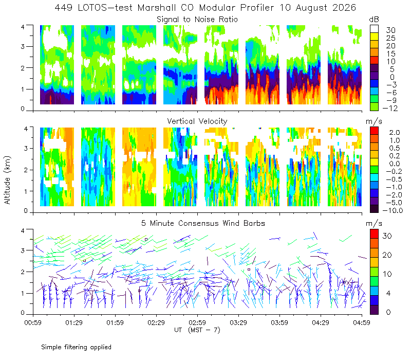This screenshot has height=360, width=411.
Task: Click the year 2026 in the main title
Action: (344, 8)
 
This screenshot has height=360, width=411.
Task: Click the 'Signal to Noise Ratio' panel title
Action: (197, 20)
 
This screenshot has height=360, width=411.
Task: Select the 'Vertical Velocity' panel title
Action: (197, 121)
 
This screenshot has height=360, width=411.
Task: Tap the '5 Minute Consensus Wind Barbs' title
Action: (203, 223)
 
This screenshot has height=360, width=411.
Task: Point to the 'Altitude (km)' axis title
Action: (7, 180)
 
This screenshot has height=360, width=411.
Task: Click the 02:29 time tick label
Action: (156, 322)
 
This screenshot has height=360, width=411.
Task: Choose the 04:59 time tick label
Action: (362, 322)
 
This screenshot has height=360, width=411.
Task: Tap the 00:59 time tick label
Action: (33, 322)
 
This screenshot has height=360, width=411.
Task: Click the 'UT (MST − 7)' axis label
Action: (197, 330)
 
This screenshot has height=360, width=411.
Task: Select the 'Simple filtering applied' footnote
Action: (76, 347)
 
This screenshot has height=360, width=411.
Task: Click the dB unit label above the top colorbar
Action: (374, 20)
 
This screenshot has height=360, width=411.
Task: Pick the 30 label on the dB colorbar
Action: (390, 30)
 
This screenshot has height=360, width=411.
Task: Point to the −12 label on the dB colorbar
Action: (390, 108)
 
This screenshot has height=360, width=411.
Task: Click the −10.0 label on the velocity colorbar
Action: (393, 210)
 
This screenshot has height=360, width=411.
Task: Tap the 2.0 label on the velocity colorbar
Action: (395, 133)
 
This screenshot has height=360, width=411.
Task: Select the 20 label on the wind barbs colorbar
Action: (387, 255)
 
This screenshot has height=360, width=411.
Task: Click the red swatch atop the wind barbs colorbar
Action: (374, 234)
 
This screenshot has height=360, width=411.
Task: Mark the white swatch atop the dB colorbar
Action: (374, 29)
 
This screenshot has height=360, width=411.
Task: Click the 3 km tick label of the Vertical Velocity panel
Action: (26, 148)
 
